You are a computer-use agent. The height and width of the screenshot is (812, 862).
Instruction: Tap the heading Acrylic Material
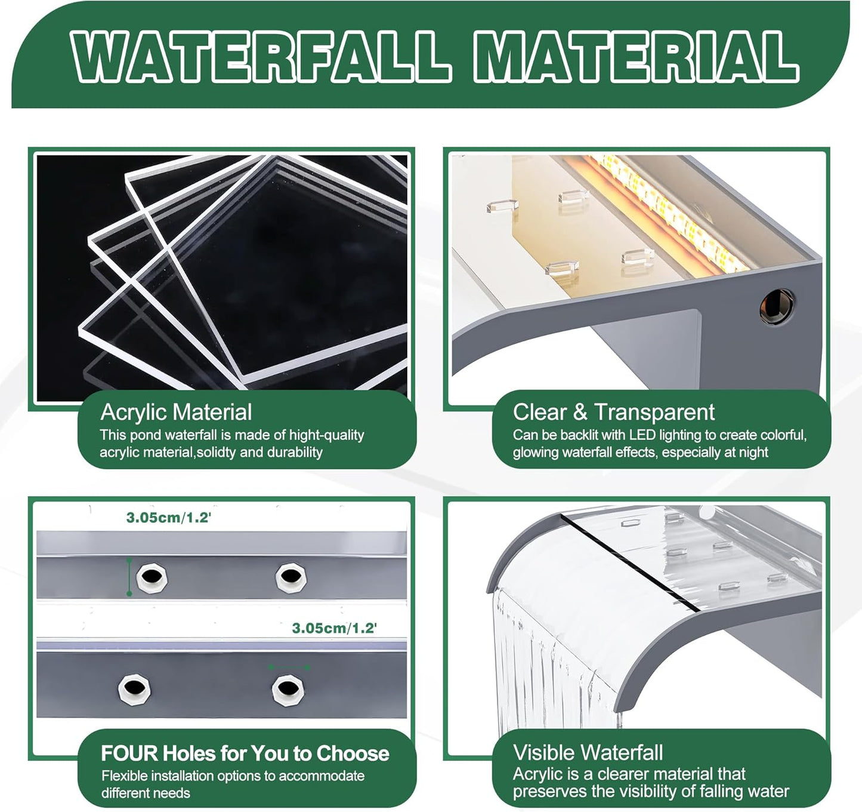point(176,412)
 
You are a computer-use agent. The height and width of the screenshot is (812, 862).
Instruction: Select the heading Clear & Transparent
point(613,412)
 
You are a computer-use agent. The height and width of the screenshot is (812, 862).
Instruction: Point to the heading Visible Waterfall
point(588,752)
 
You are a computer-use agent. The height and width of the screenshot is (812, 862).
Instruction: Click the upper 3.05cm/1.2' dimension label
point(169,518)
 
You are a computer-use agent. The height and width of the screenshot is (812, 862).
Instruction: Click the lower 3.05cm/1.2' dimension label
point(334,628)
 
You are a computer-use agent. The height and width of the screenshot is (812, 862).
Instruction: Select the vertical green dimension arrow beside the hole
point(129,577)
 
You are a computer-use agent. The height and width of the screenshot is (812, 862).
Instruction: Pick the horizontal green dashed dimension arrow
point(289,667)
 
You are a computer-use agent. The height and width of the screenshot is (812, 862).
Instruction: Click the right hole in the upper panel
point(291,577)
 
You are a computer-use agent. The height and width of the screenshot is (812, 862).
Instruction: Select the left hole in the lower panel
point(134,688)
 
